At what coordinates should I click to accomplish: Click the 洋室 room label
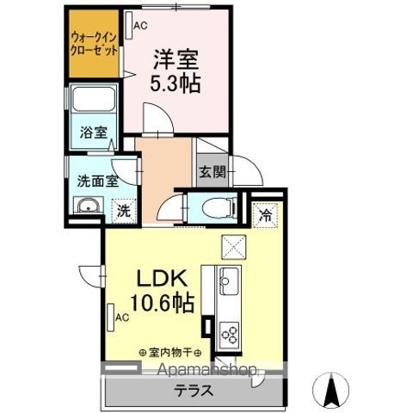pos(176,59)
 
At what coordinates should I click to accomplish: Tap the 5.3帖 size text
pos(176,83)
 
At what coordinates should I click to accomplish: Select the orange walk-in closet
pos(94,43)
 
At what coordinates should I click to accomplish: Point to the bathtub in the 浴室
pos(94,102)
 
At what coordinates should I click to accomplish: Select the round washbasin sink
pos(86,207)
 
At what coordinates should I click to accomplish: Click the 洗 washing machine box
pos(124,209)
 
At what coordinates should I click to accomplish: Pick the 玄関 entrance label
pos(211,171)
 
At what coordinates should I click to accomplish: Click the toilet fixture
pos(221,206)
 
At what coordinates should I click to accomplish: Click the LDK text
pos(160,280)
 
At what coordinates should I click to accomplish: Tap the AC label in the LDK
pos(121,316)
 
